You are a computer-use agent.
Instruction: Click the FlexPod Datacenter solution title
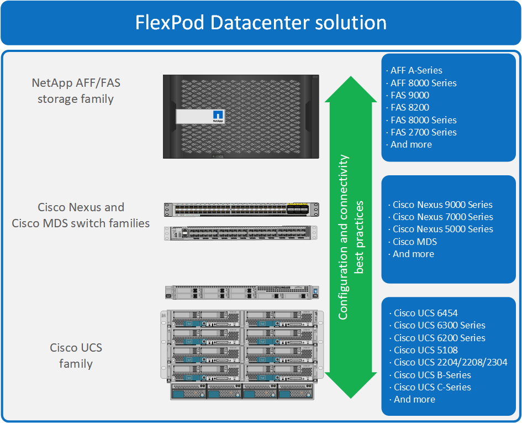(261, 23)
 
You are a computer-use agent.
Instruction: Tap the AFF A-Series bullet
(416, 70)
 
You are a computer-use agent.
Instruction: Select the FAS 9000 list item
(409, 95)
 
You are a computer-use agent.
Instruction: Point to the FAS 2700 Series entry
(423, 132)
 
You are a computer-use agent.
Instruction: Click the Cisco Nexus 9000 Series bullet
(442, 205)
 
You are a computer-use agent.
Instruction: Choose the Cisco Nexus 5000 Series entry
(442, 229)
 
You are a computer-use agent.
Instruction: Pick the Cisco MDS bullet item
(414, 242)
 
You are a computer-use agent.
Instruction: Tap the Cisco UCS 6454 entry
(425, 313)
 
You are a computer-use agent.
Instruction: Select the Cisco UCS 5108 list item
(425, 350)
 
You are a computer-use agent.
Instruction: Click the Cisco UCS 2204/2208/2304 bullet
(450, 362)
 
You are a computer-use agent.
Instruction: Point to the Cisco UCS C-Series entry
(432, 387)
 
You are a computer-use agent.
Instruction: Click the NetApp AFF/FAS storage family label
(76, 91)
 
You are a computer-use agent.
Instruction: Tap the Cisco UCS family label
(76, 356)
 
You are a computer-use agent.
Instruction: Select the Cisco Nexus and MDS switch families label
(81, 215)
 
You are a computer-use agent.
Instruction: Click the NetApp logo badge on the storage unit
(218, 117)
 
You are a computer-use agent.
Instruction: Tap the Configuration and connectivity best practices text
(351, 237)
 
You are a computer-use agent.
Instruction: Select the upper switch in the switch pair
(241, 210)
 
